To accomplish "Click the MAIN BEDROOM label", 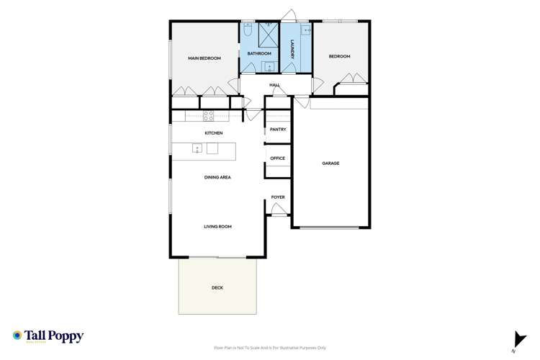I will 204,58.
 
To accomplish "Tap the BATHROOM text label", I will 259,54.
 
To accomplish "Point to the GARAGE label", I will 330,163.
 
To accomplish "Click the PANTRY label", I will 278,130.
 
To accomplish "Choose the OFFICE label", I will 278,158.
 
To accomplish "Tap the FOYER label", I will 278,197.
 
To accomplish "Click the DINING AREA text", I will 217,176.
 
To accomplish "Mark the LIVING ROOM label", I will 217,226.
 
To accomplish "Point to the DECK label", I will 217,288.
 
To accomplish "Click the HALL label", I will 274,85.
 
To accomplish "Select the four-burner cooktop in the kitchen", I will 208,115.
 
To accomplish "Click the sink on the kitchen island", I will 197,149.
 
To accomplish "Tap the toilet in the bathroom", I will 248,31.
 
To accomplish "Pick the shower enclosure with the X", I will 268,33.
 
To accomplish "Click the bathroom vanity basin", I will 268,68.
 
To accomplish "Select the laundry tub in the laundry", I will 305,31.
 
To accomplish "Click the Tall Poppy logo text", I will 54,336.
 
